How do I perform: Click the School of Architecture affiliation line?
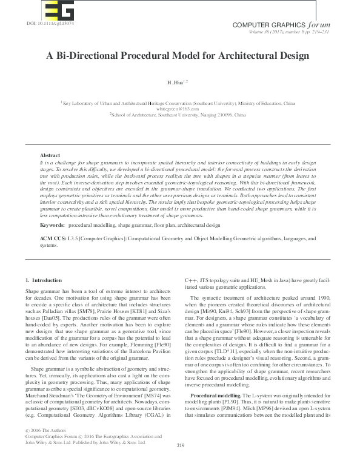pos(178,114)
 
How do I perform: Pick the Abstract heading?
pos(50,156)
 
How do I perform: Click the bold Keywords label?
pos(52,225)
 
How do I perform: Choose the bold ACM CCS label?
pos(53,240)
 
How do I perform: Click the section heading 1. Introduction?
pos(43,280)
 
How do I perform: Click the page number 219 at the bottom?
pos(180,463)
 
